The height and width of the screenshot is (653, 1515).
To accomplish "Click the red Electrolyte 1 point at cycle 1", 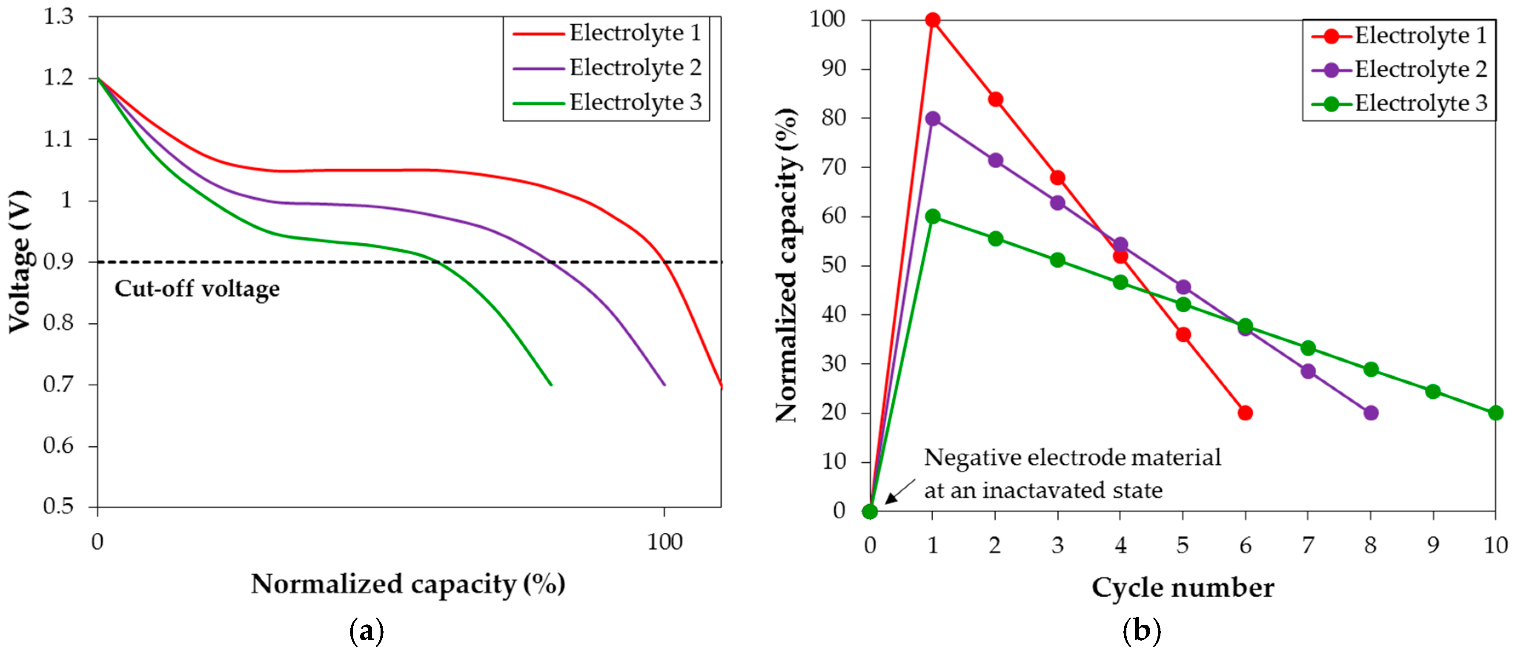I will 932,20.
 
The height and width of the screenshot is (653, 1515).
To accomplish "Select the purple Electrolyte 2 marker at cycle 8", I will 1370,412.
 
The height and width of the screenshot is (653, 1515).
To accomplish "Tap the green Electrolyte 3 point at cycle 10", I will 1495,412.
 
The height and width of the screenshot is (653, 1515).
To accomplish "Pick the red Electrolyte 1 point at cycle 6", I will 1245,412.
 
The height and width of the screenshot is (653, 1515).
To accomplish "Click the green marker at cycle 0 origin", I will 870,511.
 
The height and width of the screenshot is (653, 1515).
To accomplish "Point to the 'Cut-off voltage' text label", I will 197,289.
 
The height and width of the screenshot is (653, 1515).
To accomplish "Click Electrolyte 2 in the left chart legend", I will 635,68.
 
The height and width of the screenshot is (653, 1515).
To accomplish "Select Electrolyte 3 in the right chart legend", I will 1421,104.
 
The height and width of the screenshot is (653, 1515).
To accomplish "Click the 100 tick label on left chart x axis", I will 664,542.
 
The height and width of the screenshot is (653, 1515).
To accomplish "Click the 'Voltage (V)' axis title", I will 19,262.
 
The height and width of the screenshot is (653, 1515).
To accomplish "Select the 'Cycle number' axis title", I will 1182,587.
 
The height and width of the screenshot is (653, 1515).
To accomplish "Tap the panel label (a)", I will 367,631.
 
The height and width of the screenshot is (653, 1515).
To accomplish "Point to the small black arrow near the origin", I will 900,491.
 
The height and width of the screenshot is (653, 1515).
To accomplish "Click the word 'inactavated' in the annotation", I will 1044,490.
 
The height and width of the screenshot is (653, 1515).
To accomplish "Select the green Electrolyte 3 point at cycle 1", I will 932,216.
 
